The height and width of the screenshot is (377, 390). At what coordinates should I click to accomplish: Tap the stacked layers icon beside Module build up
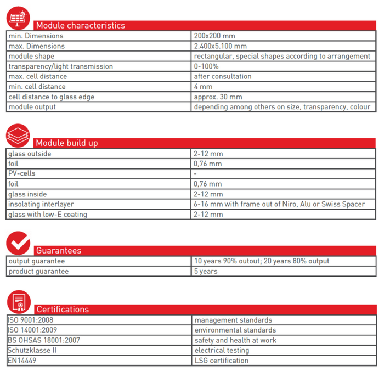pos(18,135)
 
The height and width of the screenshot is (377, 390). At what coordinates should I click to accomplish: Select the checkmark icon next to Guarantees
pos(18,243)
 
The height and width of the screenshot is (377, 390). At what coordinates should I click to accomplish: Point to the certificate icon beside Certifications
pos(18,302)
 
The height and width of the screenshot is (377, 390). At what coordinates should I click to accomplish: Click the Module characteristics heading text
pos(80,25)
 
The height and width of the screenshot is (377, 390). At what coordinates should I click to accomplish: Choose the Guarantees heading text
pos(58,251)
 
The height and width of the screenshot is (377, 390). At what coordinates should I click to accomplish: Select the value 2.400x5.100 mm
pos(220,46)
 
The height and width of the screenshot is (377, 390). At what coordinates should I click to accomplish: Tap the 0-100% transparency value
pos(207,66)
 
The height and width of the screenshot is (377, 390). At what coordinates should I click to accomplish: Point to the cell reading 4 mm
pos(202,87)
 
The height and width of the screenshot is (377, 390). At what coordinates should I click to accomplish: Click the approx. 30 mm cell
pos(215,97)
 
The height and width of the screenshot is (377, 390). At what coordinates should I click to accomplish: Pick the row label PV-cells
pos(22,174)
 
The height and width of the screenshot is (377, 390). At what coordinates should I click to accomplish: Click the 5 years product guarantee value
pos(206,272)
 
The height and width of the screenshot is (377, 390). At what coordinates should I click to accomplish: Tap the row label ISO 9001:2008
pos(31,320)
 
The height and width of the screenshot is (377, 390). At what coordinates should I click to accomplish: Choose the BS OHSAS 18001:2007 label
pos(44,340)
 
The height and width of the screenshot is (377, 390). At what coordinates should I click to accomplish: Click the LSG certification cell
pos(221,361)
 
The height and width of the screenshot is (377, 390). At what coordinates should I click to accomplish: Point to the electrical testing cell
pos(222,350)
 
